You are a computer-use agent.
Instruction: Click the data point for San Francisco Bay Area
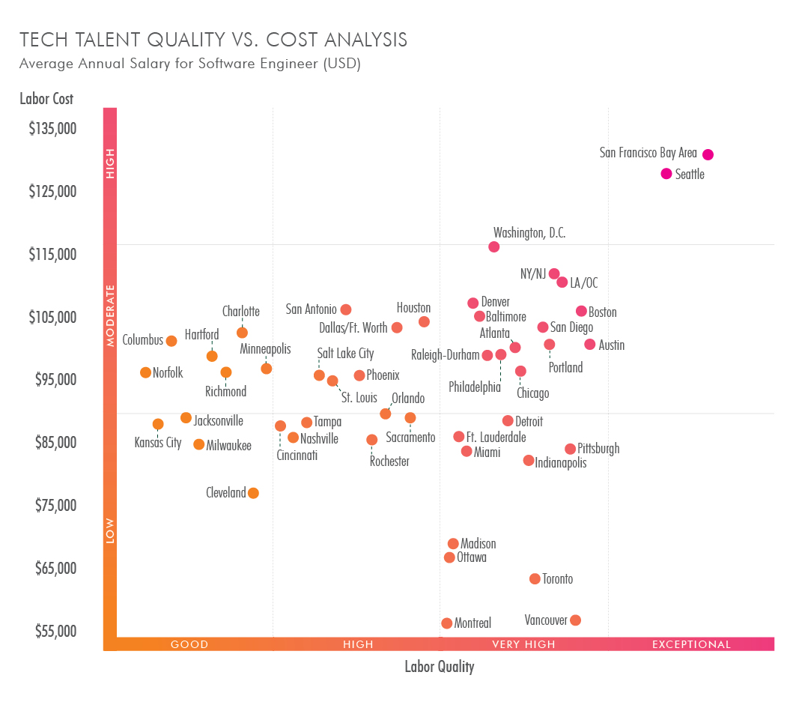(708, 154)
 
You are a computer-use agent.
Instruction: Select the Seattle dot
(666, 174)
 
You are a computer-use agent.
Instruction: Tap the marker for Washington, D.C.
(493, 247)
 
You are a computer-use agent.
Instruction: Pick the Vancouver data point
(575, 620)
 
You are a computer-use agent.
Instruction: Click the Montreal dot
(447, 623)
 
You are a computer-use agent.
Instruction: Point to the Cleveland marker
(253, 493)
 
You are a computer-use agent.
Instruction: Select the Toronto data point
(535, 579)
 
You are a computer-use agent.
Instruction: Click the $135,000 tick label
(53, 128)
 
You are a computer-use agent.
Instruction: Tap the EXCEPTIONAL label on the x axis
(691, 644)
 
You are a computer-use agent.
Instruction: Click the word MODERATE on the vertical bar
(111, 315)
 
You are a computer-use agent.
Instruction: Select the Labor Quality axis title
(439, 667)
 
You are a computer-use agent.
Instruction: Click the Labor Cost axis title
(46, 98)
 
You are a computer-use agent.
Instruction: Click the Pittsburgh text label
(598, 449)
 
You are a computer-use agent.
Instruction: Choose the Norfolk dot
(145, 372)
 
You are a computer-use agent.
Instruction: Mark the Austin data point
(589, 345)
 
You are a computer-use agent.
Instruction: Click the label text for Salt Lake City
(345, 354)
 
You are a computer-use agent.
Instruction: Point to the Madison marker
(453, 544)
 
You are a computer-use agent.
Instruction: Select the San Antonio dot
(345, 309)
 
